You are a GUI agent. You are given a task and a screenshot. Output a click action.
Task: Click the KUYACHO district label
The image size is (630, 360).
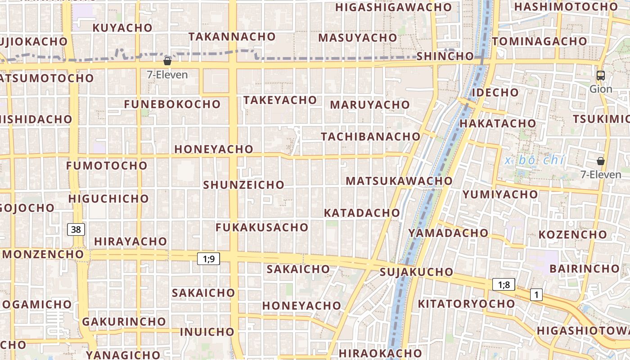pos(122,28)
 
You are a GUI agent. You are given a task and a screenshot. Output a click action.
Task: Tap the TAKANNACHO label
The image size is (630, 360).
pos(232,37)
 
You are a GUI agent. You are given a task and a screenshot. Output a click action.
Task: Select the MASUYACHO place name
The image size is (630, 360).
pos(358,38)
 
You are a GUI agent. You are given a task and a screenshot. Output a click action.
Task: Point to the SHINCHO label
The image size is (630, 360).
pos(445,56)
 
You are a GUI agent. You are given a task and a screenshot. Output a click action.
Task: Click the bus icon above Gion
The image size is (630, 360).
pos(600,76)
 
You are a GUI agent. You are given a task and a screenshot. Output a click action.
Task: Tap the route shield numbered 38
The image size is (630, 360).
pos(76,229)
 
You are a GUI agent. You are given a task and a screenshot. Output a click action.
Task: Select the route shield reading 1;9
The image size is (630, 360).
pos(208,259)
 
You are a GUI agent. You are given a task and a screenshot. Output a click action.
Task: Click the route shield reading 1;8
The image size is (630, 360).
pos(504,284)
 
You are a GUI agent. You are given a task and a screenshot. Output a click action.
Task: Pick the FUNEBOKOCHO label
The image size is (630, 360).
pos(172,104)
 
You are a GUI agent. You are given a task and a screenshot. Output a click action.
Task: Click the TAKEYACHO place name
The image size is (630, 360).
pos(280,100)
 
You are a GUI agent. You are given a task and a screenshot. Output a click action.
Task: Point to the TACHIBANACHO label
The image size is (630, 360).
pos(371,136)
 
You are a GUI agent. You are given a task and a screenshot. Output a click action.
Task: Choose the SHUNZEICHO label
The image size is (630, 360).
pos(244,185)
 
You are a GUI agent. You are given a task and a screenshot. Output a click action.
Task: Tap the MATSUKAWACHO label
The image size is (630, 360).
pos(399,181)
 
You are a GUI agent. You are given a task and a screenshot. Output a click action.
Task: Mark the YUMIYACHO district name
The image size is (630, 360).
pos(500,194)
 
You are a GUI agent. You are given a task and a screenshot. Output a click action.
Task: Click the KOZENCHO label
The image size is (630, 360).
pos(573,235)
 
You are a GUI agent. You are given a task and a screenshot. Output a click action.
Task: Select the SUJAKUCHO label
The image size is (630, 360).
pos(416,272)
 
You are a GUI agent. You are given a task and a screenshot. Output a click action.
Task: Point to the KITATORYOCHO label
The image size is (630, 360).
pos(466,304)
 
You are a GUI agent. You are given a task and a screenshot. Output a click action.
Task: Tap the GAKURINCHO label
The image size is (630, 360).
pos(124,322)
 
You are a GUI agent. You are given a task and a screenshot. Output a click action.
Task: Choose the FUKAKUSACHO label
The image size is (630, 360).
pos(261,227)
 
